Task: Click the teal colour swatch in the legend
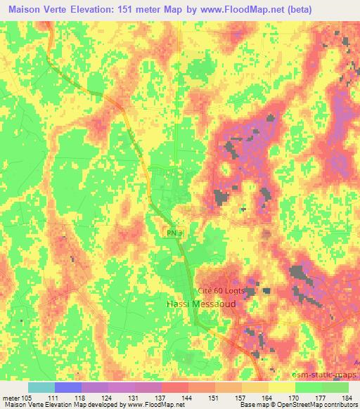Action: tap(41, 386)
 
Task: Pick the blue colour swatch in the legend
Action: tap(68, 386)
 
